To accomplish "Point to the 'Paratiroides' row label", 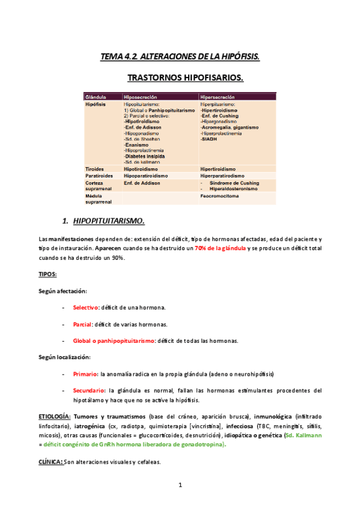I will point(100,176).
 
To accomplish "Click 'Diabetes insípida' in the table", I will point(148,155).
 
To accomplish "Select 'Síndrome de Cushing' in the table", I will point(234,183).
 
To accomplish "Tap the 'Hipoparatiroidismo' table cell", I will point(147,176).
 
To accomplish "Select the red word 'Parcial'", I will point(82,324).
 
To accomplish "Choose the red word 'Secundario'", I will point(89,390).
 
